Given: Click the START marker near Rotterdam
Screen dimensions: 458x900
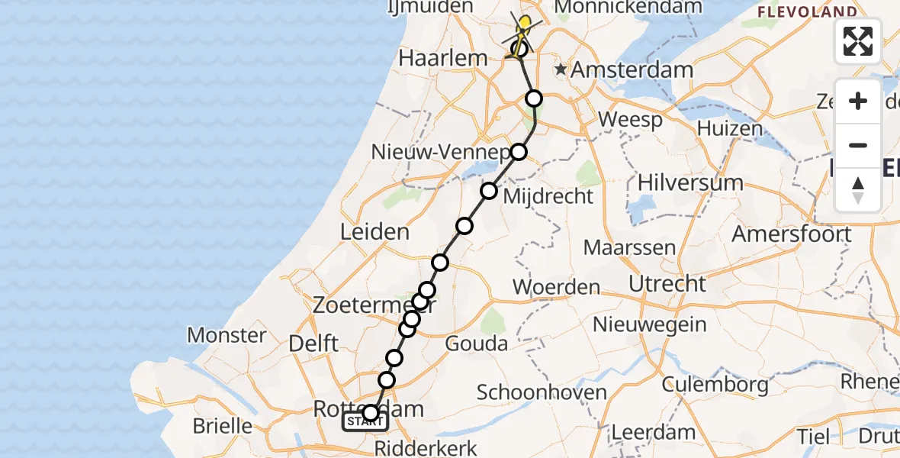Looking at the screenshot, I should pyautogui.click(x=365, y=422).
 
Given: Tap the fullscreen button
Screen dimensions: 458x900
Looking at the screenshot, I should pyautogui.click(x=858, y=41).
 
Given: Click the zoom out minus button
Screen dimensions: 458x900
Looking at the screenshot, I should pyautogui.click(x=858, y=145).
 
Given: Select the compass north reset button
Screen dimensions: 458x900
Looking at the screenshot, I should pyautogui.click(x=858, y=190).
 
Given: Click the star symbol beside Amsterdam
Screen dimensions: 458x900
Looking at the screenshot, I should pyautogui.click(x=561, y=69).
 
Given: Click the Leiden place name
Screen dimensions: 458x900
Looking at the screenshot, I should pyautogui.click(x=375, y=231).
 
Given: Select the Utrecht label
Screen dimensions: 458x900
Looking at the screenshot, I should pyautogui.click(x=667, y=284).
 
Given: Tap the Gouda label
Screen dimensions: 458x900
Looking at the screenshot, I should pyautogui.click(x=476, y=343).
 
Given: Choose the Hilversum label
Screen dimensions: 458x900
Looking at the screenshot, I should pyautogui.click(x=690, y=182).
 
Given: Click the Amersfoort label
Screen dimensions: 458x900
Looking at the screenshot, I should pyautogui.click(x=792, y=234).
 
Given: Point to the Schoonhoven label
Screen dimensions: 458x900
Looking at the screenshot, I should pyautogui.click(x=542, y=393).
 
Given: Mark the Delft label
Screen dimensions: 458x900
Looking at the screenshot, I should pyautogui.click(x=313, y=343).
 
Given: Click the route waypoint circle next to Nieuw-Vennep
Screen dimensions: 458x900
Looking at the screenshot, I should pyautogui.click(x=519, y=152).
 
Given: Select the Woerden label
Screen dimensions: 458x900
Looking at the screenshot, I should pyautogui.click(x=556, y=287).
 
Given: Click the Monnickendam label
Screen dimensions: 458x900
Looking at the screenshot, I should pyautogui.click(x=629, y=8).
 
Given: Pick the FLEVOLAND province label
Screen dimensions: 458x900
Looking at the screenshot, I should pyautogui.click(x=807, y=11).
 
